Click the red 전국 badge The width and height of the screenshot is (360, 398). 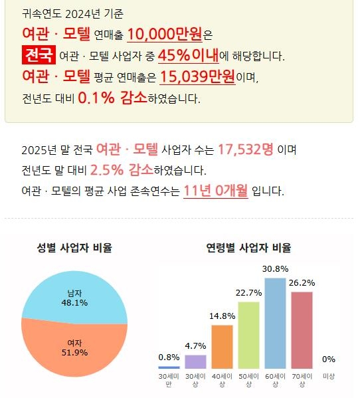pos(39,55)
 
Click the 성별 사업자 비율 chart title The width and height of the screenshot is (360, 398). pos(74,249)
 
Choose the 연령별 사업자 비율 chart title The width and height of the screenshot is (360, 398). pos(248,249)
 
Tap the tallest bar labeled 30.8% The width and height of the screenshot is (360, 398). pos(275,322)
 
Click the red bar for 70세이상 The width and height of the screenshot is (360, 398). pos(302,330)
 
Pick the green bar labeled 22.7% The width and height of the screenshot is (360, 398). pos(248,335)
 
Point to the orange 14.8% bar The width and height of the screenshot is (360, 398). pos(222,346)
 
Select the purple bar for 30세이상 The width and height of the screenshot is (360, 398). pos(195,361)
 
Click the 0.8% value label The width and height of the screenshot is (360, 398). pos(169,357)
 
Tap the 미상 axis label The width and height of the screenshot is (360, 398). pos(328,377)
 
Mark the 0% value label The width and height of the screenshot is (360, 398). pos(328,359)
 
